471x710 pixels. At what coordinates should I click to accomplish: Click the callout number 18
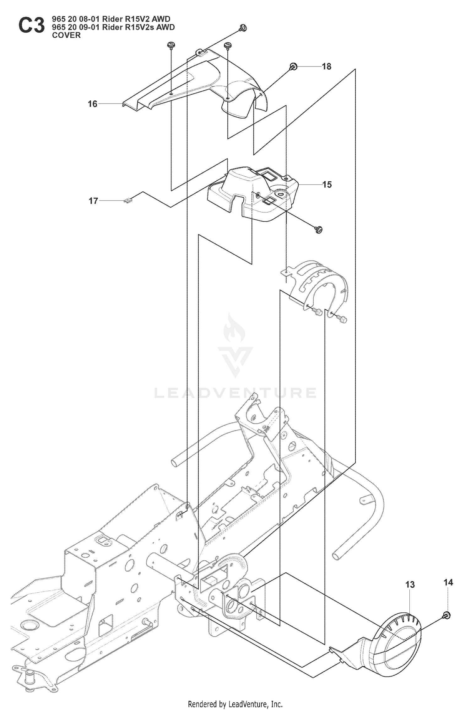pos(327,67)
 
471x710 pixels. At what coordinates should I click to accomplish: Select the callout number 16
pos(92,104)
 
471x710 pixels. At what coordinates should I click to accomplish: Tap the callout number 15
pos(327,184)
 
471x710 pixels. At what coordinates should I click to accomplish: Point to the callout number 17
pos(93,201)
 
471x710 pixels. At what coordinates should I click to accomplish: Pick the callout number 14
pos(448,582)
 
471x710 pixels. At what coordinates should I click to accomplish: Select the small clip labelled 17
pos(128,200)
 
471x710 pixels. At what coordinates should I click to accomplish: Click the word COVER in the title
pos(66,35)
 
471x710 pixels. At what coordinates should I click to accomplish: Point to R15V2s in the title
pos(139,27)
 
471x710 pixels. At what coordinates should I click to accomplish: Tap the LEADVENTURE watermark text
pos(235,393)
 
